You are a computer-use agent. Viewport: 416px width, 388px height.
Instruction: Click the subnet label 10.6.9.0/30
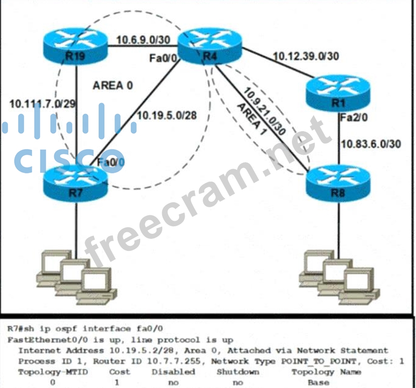point(142,39)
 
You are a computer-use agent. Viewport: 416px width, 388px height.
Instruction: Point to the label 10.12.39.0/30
point(305,56)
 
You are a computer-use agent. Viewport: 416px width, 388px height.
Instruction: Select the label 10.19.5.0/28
point(166,116)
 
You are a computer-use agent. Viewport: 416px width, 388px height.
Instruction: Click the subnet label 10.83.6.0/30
point(371,144)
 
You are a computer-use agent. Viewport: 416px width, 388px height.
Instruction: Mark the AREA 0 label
point(113,85)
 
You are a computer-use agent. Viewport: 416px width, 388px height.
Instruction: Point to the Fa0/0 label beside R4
point(163,59)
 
